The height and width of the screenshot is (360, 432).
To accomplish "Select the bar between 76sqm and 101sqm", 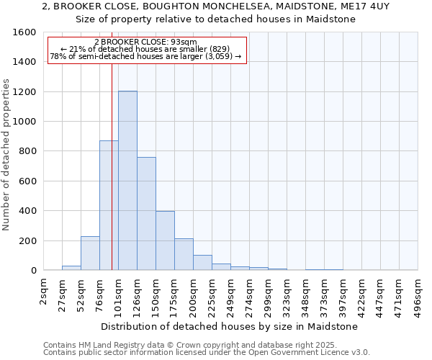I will click(x=109, y=205).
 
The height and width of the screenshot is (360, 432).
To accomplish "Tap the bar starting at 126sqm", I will click(x=146, y=213).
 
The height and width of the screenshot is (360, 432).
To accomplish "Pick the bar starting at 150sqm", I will click(x=165, y=240).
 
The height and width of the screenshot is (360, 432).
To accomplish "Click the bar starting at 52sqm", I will click(x=90, y=253).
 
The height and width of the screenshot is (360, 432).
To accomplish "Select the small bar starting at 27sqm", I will click(x=71, y=268).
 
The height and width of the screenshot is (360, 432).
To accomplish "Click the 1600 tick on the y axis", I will click(x=25, y=32).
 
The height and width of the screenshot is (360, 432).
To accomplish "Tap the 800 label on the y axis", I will click(x=28, y=151).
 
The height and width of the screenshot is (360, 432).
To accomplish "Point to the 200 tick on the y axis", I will click(x=28, y=240).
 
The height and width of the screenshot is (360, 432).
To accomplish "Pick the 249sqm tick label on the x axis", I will click(x=230, y=294).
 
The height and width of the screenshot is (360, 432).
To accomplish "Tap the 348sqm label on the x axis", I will click(x=305, y=294).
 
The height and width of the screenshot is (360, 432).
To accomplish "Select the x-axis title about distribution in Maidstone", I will click(x=229, y=326).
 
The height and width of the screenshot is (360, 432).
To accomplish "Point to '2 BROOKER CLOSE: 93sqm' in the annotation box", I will click(x=145, y=42).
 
